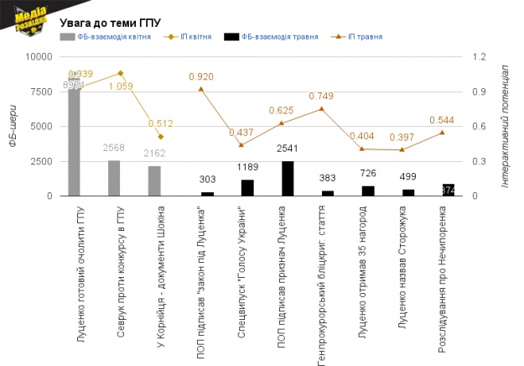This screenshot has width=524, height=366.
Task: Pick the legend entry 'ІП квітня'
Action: tap(195, 38)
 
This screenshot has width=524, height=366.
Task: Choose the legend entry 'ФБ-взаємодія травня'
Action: tap(279, 38)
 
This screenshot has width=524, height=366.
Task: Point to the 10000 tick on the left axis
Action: tap(39, 57)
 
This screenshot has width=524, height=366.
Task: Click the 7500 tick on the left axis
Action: tap(42, 91)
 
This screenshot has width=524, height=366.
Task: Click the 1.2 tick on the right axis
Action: tap(480, 57)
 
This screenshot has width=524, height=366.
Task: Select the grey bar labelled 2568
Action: tap(114, 178)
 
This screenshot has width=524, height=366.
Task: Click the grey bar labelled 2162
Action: tap(154, 180)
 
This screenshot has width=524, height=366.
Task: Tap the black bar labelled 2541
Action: tap(288, 178)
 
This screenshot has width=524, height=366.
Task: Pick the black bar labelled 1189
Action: tap(247, 187)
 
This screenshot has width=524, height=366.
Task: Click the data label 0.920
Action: tap(201, 76)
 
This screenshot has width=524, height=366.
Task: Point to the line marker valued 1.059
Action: tap(121, 73)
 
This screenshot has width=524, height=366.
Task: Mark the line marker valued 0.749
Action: tap(321, 108)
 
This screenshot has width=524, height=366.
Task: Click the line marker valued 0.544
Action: tap(442, 133)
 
